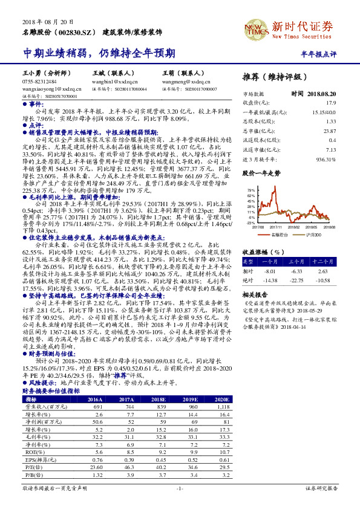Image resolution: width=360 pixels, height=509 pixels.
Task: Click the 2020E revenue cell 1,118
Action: (222, 408)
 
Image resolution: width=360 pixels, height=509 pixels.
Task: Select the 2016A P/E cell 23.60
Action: (96, 467)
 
